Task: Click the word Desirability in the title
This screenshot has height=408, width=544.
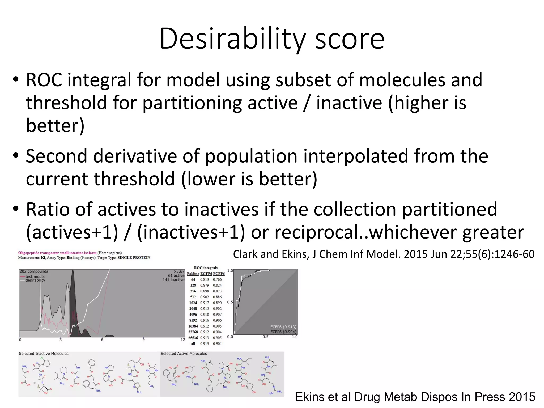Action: [x=232, y=39]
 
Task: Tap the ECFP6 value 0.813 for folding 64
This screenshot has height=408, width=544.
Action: [x=204, y=279]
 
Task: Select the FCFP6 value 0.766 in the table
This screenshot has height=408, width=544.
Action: [x=217, y=279]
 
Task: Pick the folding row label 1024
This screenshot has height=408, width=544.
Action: [x=193, y=303]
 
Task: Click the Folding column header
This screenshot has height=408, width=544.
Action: [x=193, y=274]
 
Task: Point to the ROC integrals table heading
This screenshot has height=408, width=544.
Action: [x=206, y=268]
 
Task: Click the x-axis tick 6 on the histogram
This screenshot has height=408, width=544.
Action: [x=102, y=340]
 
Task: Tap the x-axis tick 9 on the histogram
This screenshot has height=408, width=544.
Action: [x=143, y=340]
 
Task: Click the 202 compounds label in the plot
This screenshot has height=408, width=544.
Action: [x=34, y=271]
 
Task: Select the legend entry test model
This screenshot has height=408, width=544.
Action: [x=35, y=276]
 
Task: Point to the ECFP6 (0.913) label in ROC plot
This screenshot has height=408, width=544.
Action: [x=283, y=327]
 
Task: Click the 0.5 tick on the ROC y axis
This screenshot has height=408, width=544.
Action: [x=230, y=302]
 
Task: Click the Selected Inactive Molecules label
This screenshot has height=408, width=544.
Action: [x=44, y=354]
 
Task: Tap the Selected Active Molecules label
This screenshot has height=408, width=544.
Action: [x=184, y=354]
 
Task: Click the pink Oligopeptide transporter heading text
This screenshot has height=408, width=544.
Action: [x=57, y=253]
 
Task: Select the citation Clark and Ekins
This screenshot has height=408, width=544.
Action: [x=384, y=254]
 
